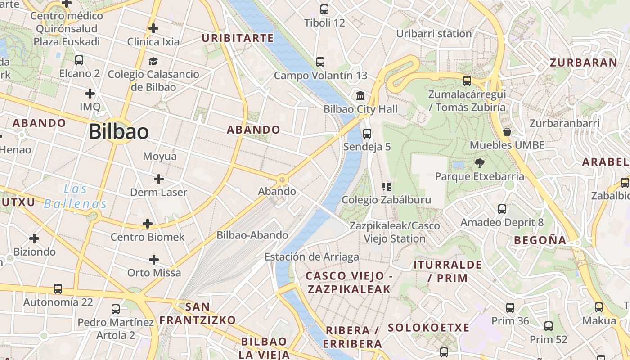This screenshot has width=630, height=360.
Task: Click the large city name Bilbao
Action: point(118,131)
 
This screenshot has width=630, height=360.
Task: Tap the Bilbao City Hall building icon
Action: point(360,96)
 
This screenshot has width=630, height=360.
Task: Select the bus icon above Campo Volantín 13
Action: point(320,62)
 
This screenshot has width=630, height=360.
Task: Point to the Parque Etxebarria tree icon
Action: point(479,163)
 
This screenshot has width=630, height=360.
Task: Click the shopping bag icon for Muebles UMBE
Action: point(507,132)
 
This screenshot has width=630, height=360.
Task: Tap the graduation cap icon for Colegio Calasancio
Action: point(153,61)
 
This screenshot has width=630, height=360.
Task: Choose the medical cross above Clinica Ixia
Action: point(153,29)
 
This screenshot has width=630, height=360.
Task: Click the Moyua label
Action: point(160,157)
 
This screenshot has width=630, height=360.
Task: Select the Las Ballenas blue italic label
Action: point(75,196)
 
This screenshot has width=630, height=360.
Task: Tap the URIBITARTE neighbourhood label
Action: point(238,38)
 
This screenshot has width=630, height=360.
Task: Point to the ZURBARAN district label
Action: point(584,63)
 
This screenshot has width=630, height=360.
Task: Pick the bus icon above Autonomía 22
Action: point(58,289)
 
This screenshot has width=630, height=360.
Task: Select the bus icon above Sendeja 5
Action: point(367,134)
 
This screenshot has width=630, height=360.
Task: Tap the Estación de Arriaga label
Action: point(311,257)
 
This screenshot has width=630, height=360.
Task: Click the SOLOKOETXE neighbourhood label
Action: point(428,328)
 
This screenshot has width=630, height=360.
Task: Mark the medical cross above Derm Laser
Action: point(158,179)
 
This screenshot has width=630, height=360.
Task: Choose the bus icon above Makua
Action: point(599,307)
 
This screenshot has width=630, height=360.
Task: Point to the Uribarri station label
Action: point(434,34)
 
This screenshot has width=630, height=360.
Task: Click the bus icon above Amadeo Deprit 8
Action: point(502,209)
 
